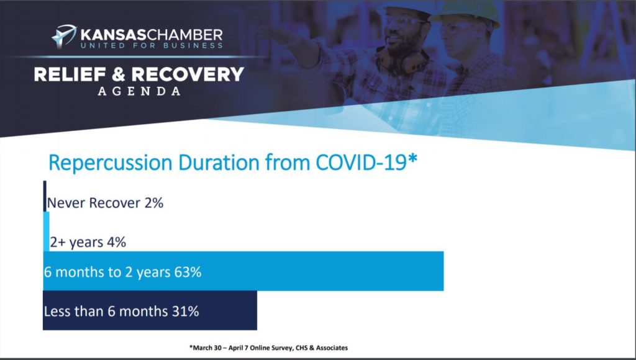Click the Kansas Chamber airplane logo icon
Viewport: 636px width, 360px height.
pyautogui.click(x=64, y=37)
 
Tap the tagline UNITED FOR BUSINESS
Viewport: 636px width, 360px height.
pyautogui.click(x=152, y=45)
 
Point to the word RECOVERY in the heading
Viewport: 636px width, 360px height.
pyautogui.click(x=188, y=74)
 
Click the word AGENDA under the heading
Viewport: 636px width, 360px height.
pyautogui.click(x=139, y=91)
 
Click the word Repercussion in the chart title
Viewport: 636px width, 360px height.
pyautogui.click(x=111, y=163)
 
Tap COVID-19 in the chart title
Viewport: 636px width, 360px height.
pyautogui.click(x=361, y=162)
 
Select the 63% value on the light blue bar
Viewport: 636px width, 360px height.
pyautogui.click(x=188, y=272)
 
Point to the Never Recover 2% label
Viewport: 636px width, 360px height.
pyautogui.click(x=105, y=202)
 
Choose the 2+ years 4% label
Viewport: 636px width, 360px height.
pyautogui.click(x=88, y=242)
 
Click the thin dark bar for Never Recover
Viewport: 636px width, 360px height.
pyautogui.click(x=45, y=196)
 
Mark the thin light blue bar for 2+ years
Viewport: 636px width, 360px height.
pyautogui.click(x=46, y=232)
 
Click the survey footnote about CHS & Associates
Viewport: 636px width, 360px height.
pyautogui.click(x=268, y=348)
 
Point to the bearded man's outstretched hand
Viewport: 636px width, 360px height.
pyautogui.click(x=280, y=35)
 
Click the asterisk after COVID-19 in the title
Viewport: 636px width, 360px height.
pyautogui.click(x=412, y=158)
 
